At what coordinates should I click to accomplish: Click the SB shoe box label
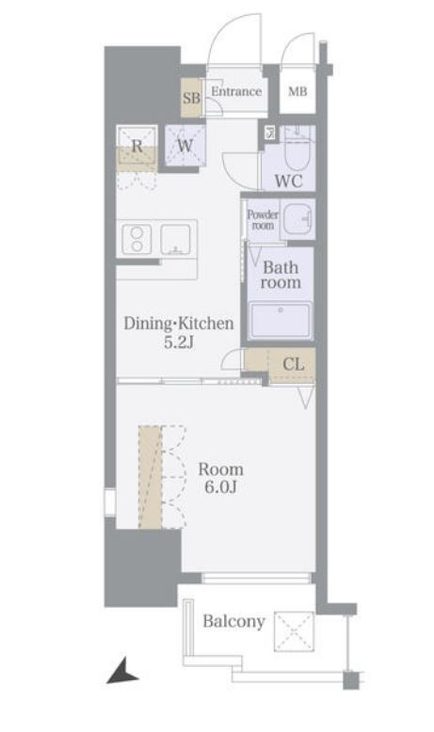[x=191, y=98]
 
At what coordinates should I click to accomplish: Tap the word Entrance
[x=236, y=91]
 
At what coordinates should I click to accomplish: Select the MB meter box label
[x=297, y=91]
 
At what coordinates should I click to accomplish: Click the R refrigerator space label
[x=137, y=146]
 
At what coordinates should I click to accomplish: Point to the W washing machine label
[x=185, y=146]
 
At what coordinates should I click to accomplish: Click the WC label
[x=288, y=181]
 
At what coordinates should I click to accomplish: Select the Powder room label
[x=263, y=219]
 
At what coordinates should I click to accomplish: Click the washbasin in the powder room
[x=298, y=219]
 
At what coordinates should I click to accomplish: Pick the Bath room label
[x=281, y=275]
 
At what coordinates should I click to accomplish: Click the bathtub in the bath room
[x=280, y=320]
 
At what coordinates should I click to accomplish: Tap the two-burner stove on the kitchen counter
[x=137, y=240]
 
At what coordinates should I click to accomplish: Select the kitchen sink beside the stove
[x=176, y=240]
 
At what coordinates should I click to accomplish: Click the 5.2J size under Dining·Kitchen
[x=179, y=342]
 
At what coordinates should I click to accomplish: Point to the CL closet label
[x=294, y=364]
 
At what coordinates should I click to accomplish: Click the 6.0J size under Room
[x=220, y=487]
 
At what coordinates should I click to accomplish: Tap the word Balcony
[x=234, y=621]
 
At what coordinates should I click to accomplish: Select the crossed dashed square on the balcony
[x=294, y=631]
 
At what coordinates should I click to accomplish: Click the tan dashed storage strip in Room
[x=150, y=477]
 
